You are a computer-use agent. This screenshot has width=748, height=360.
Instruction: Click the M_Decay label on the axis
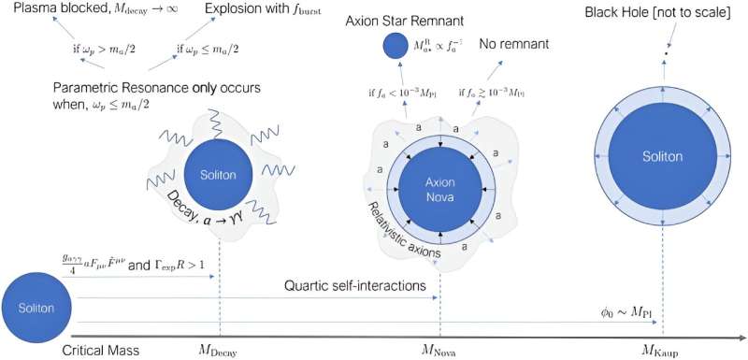pyautogui.click(x=219, y=350)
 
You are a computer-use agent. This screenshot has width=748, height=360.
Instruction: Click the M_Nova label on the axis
pyautogui.click(x=440, y=350)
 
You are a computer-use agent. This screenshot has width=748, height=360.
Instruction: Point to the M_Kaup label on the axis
pyautogui.click(x=661, y=350)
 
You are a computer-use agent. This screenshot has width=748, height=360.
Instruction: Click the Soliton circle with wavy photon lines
pyautogui.click(x=217, y=174)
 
